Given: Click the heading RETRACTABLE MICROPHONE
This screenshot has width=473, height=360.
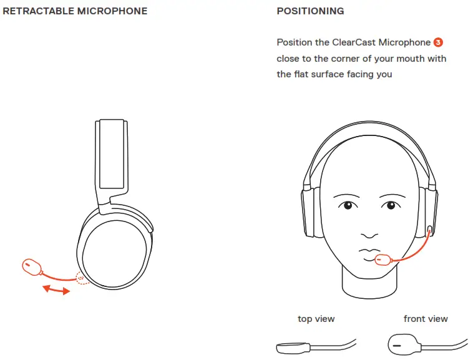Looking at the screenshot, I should (x=76, y=11).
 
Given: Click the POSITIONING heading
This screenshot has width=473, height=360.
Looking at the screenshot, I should (x=310, y=11).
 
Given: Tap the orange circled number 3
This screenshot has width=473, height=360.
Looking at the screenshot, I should (x=438, y=42).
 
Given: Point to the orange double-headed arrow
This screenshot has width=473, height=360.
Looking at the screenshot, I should (x=56, y=289).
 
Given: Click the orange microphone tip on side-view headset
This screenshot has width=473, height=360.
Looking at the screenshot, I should (x=31, y=267).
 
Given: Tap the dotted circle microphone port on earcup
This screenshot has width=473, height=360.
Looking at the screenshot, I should (x=81, y=278).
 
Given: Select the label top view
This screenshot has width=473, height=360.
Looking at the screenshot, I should (x=316, y=319).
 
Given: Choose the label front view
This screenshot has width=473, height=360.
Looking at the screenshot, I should (x=426, y=319).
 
